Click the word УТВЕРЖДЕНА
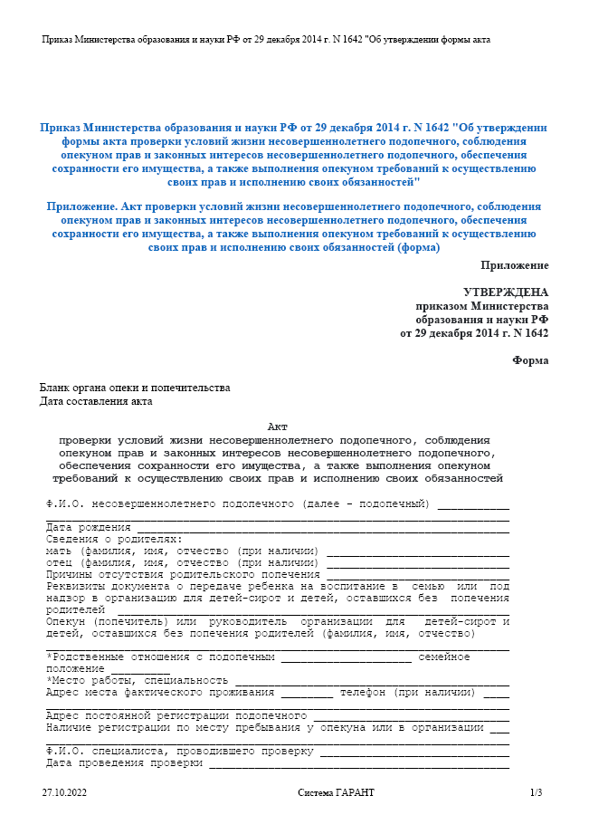click(x=505, y=292)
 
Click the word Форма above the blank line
click(x=529, y=360)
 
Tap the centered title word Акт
click(x=278, y=427)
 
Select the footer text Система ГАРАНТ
click(x=336, y=793)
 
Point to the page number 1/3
click(x=536, y=793)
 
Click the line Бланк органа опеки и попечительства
click(x=134, y=388)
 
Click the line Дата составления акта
click(x=96, y=401)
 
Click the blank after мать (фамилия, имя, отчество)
click(x=417, y=552)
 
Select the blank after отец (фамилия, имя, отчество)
click(x=417, y=564)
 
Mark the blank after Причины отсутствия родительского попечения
click(x=417, y=576)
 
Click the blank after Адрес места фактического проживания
click(x=306, y=694)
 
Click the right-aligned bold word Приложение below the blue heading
click(x=514, y=265)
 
